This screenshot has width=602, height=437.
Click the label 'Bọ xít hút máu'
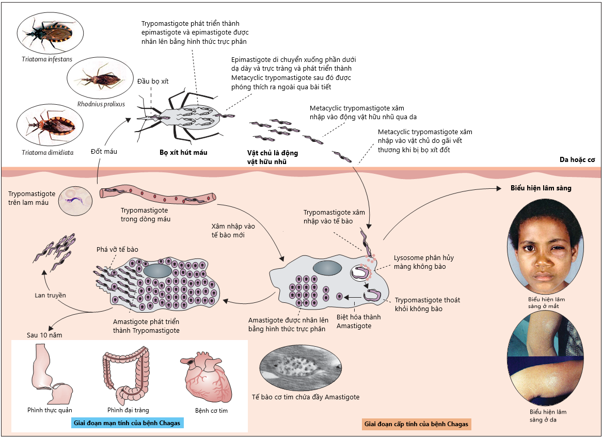(x=183, y=153)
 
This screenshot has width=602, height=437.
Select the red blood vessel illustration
(x=158, y=196)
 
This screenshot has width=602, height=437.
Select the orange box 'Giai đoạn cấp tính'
(x=416, y=425)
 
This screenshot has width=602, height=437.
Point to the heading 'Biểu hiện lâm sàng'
(x=541, y=188)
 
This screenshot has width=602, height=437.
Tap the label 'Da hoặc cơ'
(x=577, y=160)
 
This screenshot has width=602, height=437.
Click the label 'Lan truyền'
(x=51, y=295)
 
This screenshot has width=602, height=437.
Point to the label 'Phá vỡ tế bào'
(x=117, y=249)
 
